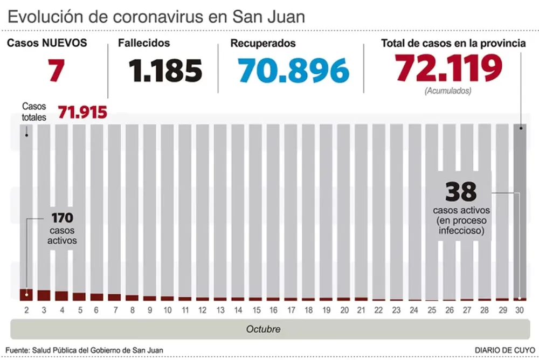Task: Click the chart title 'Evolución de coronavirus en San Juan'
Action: pos(156,16)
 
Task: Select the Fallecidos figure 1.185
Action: pos(165,70)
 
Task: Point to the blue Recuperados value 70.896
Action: pos(294,70)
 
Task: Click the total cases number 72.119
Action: pos(448,68)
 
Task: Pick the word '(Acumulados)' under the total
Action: pos(448,91)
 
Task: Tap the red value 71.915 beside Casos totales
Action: pos(82,113)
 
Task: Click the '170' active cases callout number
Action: pos(62,218)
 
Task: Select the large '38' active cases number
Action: pos(461,191)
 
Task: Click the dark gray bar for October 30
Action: pos(520,210)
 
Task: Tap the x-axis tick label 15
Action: pos(255,310)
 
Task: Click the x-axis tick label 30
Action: pos(520,310)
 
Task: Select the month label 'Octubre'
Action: pos(263,329)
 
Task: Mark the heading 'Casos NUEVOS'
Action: pos(46,44)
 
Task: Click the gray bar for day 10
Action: pos(168,210)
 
